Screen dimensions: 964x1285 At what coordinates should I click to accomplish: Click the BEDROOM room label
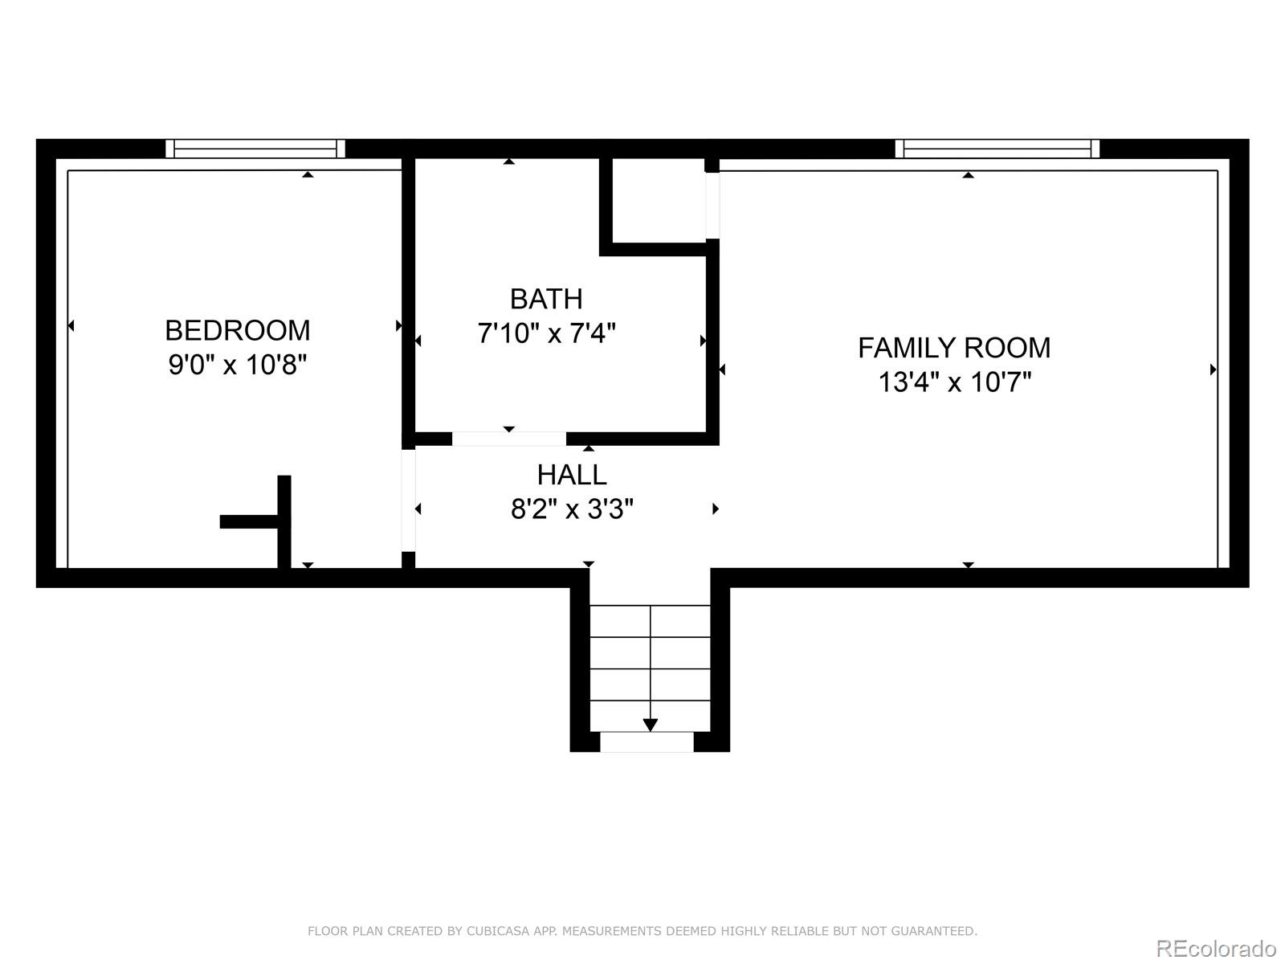[237, 330]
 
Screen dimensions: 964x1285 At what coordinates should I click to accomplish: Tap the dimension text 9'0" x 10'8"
[237, 366]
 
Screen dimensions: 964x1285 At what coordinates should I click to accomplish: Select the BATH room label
[546, 299]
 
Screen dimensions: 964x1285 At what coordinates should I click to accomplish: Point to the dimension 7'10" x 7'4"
[546, 333]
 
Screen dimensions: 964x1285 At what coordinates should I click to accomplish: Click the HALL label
[572, 475]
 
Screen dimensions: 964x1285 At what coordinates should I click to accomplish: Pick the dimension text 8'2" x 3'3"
[572, 509]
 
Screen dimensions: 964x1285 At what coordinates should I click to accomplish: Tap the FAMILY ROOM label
[954, 348]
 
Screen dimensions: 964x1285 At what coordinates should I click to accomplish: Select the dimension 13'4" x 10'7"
[954, 382]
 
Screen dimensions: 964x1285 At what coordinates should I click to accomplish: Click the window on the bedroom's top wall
[255, 149]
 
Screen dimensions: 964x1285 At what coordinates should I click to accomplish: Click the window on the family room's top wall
[997, 149]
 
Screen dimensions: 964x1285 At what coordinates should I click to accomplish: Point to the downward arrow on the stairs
[651, 725]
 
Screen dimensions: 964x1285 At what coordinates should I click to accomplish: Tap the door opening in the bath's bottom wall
[509, 439]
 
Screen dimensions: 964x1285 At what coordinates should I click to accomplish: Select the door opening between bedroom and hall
[408, 500]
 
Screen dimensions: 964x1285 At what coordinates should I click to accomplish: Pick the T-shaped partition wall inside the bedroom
[283, 521]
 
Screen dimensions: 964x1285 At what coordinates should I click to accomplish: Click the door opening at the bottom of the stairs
[647, 742]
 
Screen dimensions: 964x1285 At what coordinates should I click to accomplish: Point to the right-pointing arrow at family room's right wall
[1213, 370]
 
